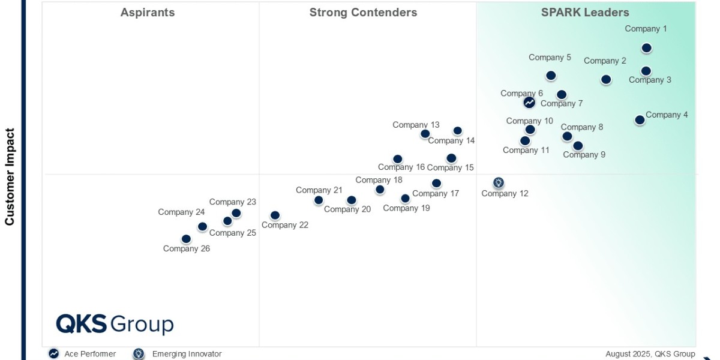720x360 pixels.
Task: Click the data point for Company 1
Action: tap(646, 48)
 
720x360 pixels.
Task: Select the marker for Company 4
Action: tap(640, 120)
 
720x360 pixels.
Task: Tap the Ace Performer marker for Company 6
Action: tap(529, 103)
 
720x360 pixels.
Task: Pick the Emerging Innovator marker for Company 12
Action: tap(499, 183)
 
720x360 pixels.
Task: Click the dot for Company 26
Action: tap(186, 239)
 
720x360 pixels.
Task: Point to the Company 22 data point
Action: tap(275, 215)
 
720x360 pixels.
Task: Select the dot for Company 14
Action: tap(457, 131)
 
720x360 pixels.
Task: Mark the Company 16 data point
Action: tap(397, 159)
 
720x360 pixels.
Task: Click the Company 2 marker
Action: tap(606, 80)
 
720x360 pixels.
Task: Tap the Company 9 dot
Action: tap(578, 146)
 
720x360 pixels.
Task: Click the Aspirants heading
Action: tap(148, 13)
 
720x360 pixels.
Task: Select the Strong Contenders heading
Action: tap(363, 13)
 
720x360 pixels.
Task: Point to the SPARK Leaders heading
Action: tap(585, 13)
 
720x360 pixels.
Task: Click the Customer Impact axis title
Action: tap(10, 176)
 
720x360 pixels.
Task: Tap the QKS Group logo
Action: tap(115, 324)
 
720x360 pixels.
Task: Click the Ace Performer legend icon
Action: tap(54, 354)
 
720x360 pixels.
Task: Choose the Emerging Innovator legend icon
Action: tap(139, 354)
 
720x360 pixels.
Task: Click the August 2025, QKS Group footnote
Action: tap(650, 354)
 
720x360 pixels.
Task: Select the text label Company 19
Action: tap(406, 208)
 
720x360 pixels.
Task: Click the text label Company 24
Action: tap(181, 212)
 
